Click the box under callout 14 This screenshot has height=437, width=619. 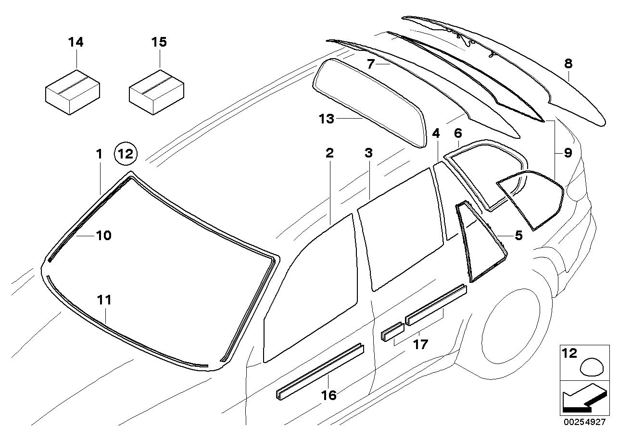point(72,91)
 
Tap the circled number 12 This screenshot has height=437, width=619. point(126,155)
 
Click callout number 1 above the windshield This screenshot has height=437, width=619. point(99,155)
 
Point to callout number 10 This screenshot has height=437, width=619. point(104,235)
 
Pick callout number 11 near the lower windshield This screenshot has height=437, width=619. point(104,300)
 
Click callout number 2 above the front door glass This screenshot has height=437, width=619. point(329,153)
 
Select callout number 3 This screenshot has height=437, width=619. point(368,153)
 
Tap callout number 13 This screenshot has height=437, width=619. point(326,118)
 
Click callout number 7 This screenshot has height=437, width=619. point(370,64)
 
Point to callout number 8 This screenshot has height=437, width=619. point(568,63)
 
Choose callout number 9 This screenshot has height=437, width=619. point(568,153)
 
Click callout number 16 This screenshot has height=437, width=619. point(329,395)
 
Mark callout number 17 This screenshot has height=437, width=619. point(420,344)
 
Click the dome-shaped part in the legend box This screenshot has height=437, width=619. point(593,368)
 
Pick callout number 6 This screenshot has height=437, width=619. point(457,133)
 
